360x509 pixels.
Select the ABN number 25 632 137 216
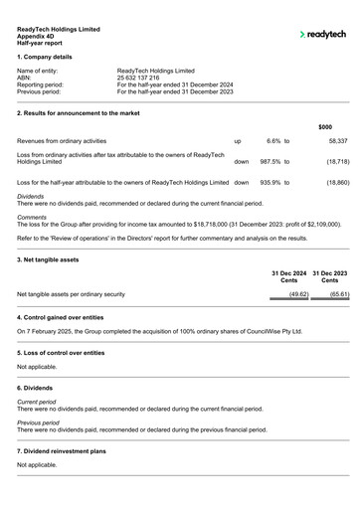click(x=145, y=77)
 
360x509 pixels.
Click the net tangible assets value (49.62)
click(x=283, y=294)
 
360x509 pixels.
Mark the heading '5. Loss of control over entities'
click(x=73, y=353)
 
